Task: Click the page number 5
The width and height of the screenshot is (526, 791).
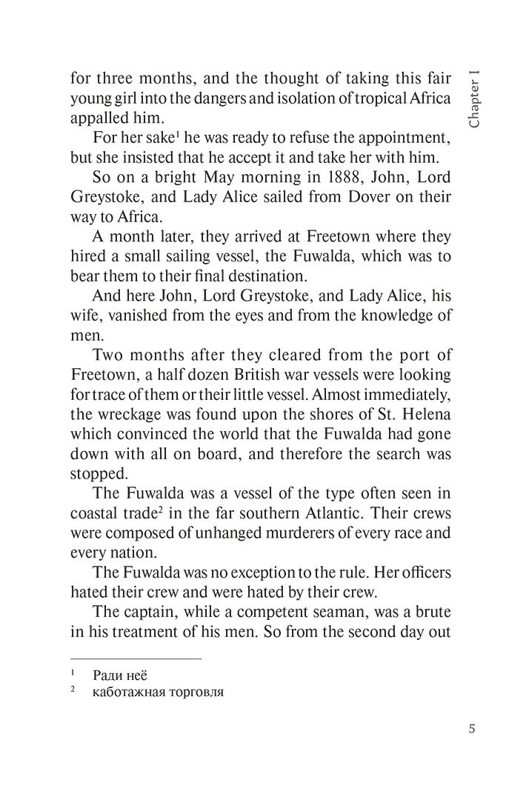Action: [471, 727]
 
